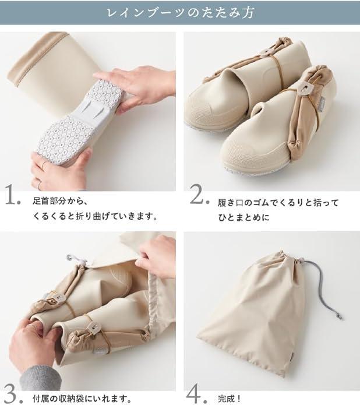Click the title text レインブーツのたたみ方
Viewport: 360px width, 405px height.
point(180,13)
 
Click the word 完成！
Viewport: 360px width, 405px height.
point(230,399)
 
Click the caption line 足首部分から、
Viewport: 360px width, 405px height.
point(60,200)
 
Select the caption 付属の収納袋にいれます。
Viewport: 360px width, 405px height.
point(82,399)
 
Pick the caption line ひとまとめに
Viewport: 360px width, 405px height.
point(244,217)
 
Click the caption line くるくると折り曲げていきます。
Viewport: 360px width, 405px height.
point(95,216)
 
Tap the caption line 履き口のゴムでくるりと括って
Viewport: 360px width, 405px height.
point(278,203)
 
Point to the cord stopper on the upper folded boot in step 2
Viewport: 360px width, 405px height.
point(264,53)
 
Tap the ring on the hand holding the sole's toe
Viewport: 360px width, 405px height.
point(44,165)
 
